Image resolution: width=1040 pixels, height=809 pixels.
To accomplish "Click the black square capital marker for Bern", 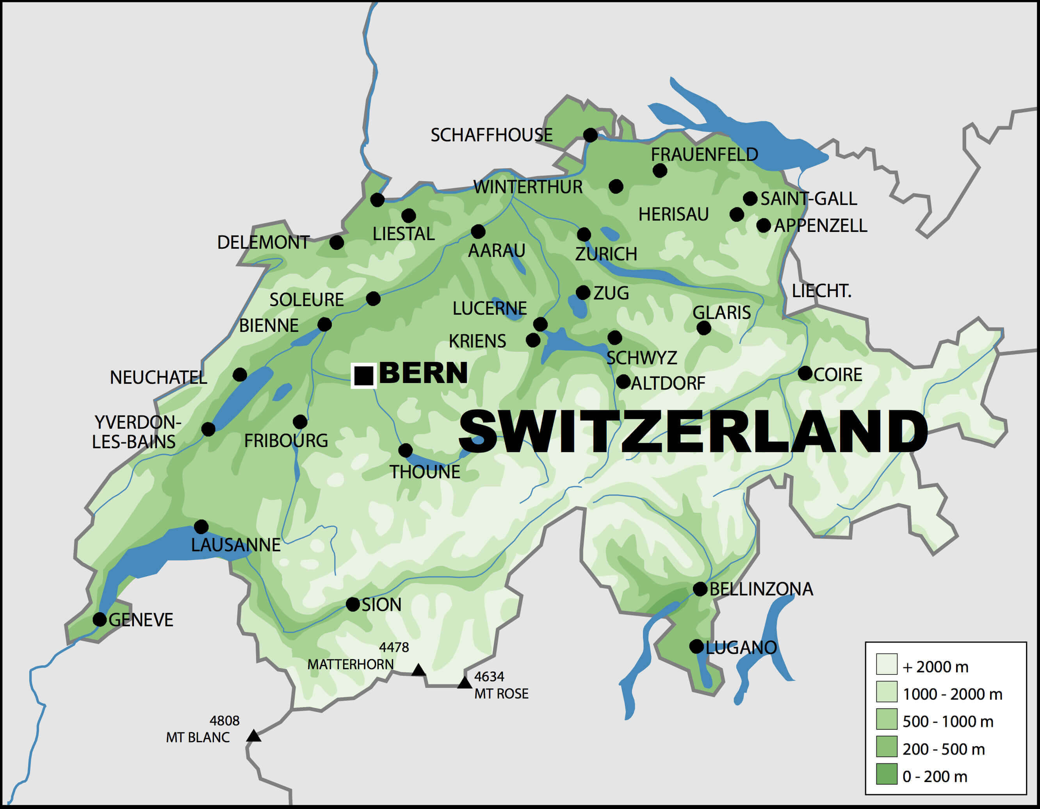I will (364, 376).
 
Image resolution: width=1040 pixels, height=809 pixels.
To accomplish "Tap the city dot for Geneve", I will (100, 620).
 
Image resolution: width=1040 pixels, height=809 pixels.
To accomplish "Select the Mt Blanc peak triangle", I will (253, 736).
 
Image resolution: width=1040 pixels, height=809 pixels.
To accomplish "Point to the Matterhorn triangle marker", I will (418, 670).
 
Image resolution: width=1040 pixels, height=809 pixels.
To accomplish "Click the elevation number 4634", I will (489, 676).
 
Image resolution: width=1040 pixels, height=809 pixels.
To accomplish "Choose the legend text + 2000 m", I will (935, 667).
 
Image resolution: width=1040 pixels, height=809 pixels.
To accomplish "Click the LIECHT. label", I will (821, 291).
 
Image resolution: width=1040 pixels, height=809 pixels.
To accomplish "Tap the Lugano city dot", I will (696, 647).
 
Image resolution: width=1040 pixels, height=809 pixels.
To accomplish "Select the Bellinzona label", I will (761, 589).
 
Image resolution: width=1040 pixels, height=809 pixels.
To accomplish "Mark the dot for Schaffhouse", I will (590, 135).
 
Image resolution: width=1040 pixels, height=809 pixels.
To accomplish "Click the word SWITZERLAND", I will (693, 431).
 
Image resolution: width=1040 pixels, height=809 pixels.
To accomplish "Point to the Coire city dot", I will (805, 373).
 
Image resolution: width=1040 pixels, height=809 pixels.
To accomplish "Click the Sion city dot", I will (353, 604).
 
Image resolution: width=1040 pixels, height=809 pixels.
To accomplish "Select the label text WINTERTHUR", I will (528, 187).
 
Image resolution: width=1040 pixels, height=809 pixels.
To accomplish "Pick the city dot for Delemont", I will (337, 242).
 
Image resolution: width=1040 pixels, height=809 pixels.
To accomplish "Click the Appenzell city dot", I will (763, 225).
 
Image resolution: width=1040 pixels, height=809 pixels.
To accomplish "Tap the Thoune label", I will (425, 472).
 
